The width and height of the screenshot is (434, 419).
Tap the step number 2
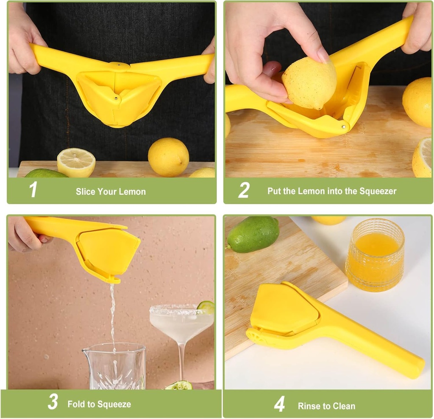pos(243,191)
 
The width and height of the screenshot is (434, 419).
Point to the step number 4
pos(279,405)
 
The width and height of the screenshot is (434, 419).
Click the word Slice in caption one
pos(86,191)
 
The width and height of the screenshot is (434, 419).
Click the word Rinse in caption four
pos(309,406)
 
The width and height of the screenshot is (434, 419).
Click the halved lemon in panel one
pos(76,162)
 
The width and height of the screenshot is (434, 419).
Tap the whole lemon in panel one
pos(168,157)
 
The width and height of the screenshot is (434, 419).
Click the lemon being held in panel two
pos(309,83)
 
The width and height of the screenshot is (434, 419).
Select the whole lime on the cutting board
pos(253,234)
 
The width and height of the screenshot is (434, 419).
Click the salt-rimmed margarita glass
pos(181,327)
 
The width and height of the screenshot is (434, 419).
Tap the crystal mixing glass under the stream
pos(114,366)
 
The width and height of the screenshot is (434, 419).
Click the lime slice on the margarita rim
pos(206,307)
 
